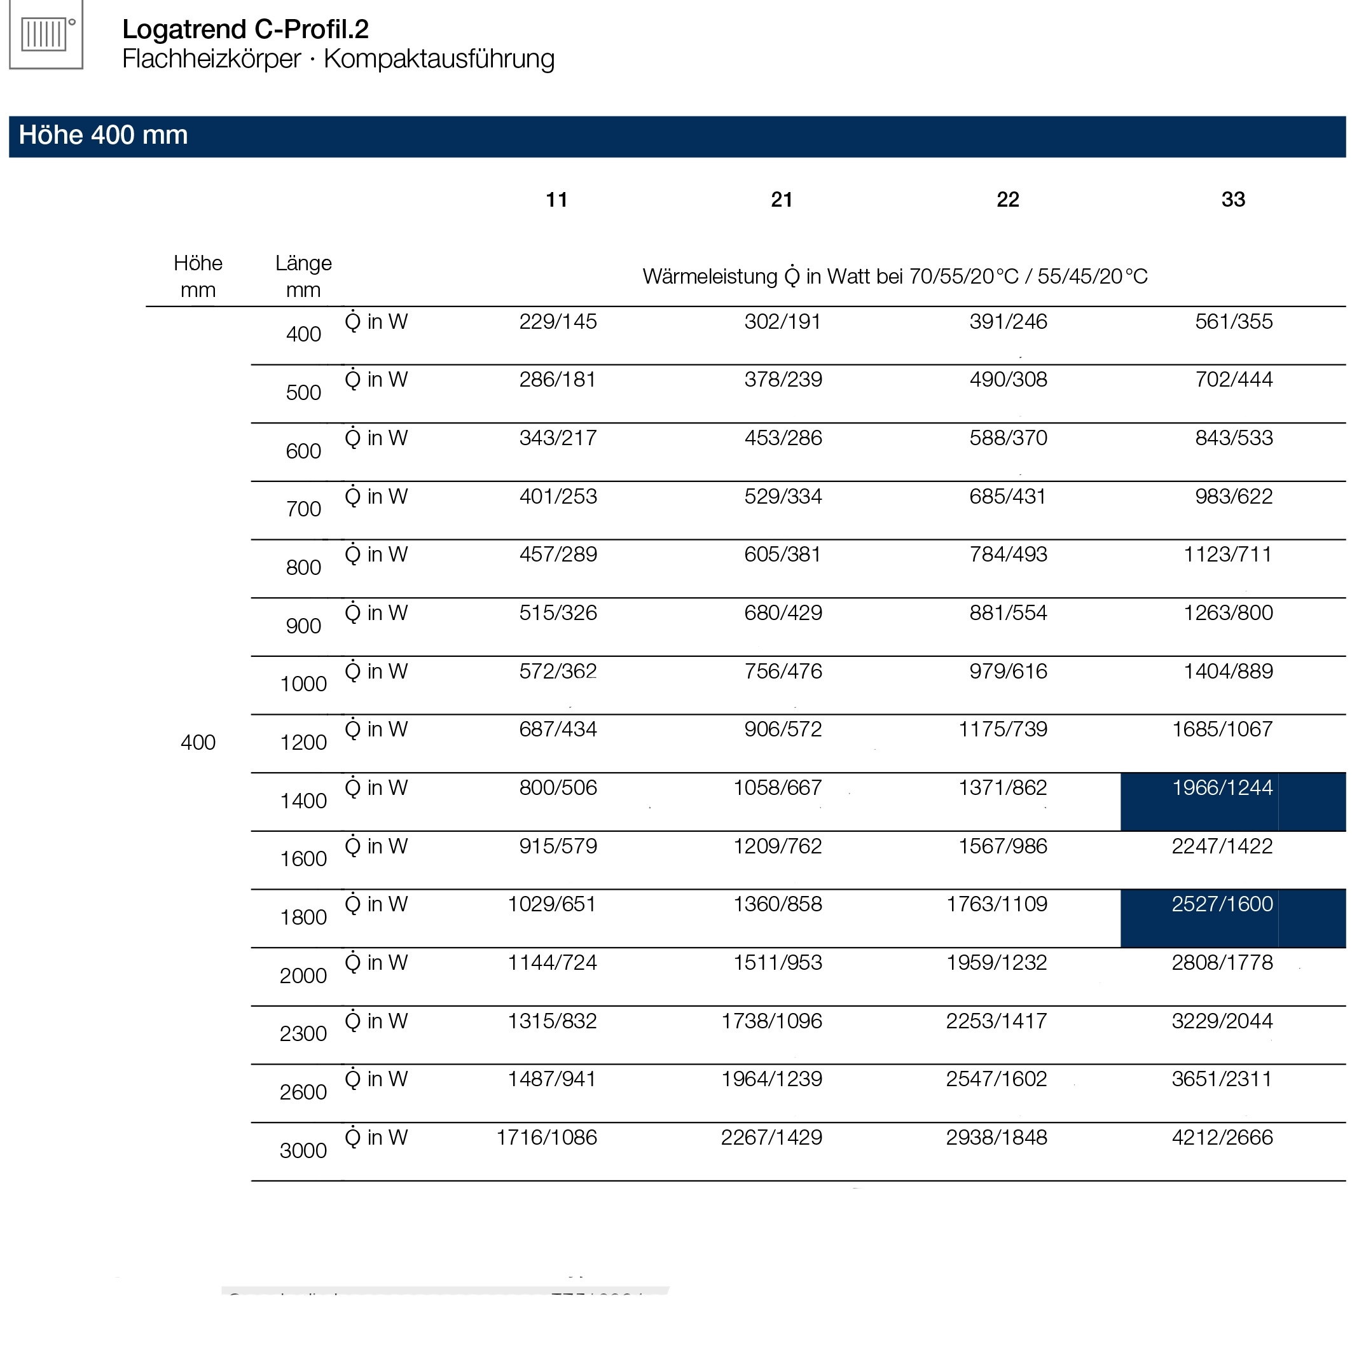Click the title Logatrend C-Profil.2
[x=245, y=29]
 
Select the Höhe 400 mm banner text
[x=104, y=135]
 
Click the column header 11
[x=556, y=200]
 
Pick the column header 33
[x=1233, y=200]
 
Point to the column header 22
[x=1008, y=200]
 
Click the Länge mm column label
[x=303, y=277]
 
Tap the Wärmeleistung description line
[x=895, y=277]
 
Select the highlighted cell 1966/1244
[x=1222, y=788]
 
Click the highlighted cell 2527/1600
[x=1222, y=904]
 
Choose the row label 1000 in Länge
[x=303, y=684]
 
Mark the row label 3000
[x=303, y=1150]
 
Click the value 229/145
[x=558, y=322]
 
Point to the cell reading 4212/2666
[x=1222, y=1138]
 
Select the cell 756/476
[x=783, y=672]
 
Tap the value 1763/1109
[x=997, y=904]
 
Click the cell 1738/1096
[x=771, y=1021]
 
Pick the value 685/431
[x=1008, y=497]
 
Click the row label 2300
[x=303, y=1033]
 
